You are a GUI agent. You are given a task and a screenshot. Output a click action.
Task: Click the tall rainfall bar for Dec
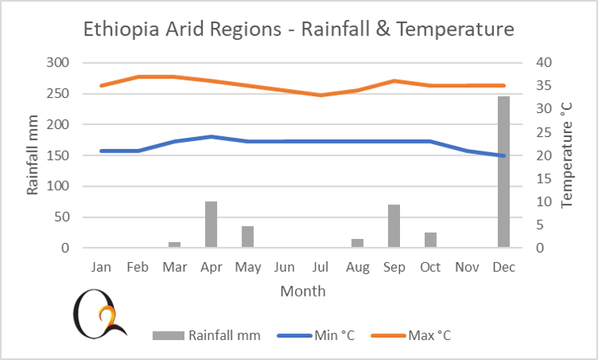pos(503,172)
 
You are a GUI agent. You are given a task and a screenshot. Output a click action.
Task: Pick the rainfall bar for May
pos(248,237)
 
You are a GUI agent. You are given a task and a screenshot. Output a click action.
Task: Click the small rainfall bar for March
pos(175,245)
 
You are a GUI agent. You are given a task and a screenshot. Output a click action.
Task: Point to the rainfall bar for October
pos(430,240)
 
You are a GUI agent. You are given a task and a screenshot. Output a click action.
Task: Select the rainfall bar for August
pos(358,243)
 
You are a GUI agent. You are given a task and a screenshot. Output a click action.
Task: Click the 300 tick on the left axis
pos(61,63)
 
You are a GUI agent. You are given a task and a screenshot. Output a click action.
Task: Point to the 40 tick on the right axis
pos(545,63)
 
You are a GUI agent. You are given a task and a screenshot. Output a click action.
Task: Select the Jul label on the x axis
pos(321,266)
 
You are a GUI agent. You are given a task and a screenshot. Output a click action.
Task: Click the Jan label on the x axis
pos(102,266)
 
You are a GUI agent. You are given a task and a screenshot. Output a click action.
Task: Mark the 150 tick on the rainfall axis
pos(61,156)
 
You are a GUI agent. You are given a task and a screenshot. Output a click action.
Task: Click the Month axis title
pos(302,290)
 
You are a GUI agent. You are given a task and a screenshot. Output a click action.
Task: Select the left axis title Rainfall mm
pos(33,156)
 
